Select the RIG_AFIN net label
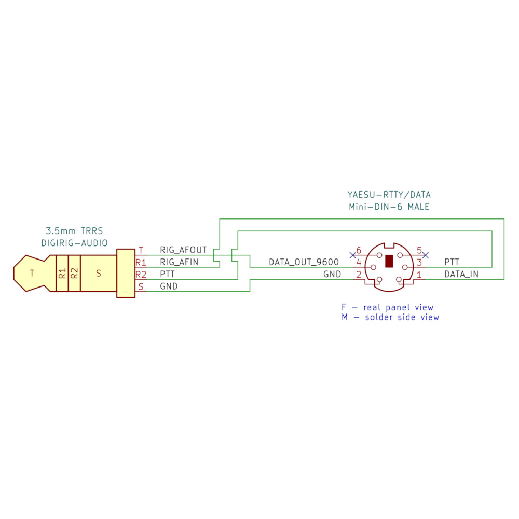tap(179, 262)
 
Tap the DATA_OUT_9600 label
tap(304, 263)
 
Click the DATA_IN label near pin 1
tap(461, 274)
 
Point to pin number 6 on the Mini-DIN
tap(358, 251)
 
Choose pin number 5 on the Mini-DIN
tap(419, 251)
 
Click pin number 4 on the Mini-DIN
tap(358, 263)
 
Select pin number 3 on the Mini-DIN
tap(419, 263)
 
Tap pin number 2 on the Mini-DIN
tap(358, 274)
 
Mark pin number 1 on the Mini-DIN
tap(419, 274)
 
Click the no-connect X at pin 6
tap(353, 255)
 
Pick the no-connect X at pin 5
tap(426, 255)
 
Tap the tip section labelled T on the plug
tap(32, 273)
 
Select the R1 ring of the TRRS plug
tap(62, 273)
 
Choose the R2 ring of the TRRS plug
tap(74, 273)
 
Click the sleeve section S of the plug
tap(99, 273)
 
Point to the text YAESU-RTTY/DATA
tap(389, 195)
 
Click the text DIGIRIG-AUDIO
tap(74, 242)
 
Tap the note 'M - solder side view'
tap(390, 317)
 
